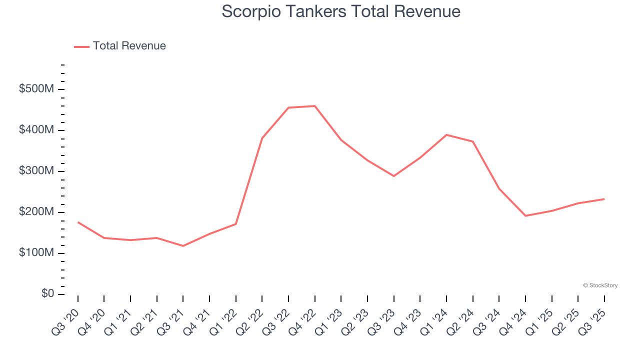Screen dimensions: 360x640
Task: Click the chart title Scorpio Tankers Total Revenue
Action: (340, 11)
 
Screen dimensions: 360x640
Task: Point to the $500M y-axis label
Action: (36, 89)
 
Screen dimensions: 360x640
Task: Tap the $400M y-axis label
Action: (36, 130)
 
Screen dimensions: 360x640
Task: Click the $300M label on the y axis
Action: (36, 171)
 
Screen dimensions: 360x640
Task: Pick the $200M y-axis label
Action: (36, 212)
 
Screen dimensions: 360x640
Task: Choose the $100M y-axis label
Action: (36, 253)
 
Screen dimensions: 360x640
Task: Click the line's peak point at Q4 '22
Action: (315, 106)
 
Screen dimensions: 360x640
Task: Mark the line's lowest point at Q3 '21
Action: (183, 246)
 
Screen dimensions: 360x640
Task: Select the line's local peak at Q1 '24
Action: (446, 135)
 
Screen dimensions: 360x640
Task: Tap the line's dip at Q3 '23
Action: (394, 176)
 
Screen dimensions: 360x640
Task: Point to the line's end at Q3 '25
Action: (604, 199)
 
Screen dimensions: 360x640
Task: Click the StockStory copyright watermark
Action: (600, 285)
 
